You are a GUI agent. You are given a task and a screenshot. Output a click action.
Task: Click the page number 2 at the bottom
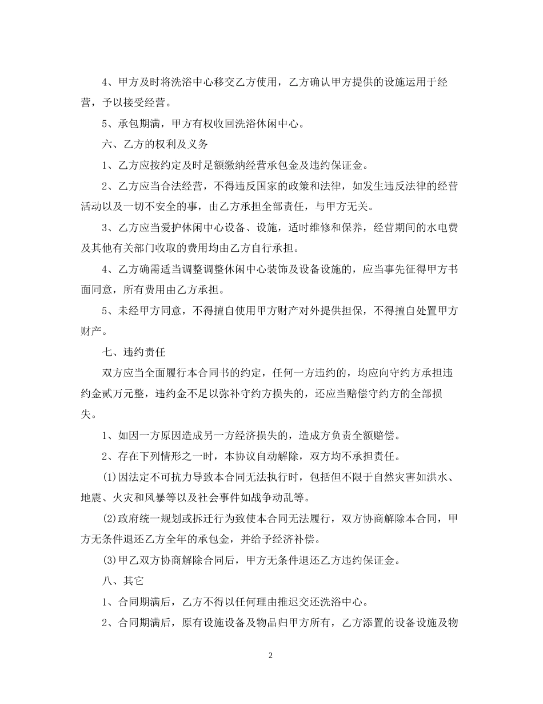(x=271, y=655)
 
